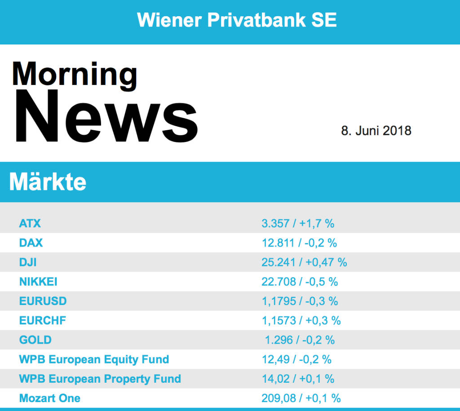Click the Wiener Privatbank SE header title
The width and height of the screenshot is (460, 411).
point(237,20)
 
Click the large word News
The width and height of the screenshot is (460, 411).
point(106,117)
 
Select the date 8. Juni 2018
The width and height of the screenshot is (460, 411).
point(376,131)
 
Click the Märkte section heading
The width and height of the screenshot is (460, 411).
point(48,181)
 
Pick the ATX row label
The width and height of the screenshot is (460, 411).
point(30,223)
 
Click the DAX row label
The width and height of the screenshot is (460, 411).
point(31,243)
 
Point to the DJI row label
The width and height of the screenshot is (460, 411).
point(28,262)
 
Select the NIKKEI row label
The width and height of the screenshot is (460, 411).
point(38,282)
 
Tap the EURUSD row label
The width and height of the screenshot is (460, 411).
point(43,301)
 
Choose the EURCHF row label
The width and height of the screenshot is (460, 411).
point(42,320)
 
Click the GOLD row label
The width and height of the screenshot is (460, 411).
point(35,340)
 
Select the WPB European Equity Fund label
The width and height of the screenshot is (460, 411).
point(94,359)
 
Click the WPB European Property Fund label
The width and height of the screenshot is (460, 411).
point(100,379)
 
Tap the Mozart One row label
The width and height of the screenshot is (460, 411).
point(49,398)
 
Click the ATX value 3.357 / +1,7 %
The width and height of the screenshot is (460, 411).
point(298,223)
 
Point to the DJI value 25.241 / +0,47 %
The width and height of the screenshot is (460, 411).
point(304,262)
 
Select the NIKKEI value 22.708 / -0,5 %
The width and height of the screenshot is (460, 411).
point(300,282)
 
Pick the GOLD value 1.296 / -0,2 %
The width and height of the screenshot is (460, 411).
point(300,340)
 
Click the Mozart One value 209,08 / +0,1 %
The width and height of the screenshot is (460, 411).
point(301,398)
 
